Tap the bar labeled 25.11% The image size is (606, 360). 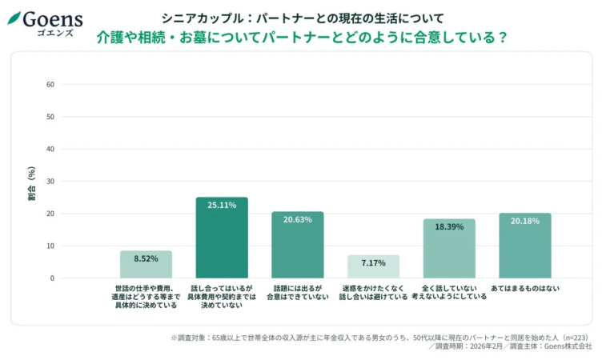[x=222, y=240]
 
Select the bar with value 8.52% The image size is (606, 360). [x=146, y=265]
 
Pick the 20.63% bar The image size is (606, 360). [x=297, y=246]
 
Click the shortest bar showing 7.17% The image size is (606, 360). [x=373, y=267]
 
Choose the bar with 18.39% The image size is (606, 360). [x=449, y=249]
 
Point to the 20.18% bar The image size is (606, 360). [x=524, y=246]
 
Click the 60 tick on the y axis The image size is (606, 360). [x=50, y=84]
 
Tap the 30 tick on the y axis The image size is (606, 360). [x=50, y=182]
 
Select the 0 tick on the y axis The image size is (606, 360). [x=52, y=278]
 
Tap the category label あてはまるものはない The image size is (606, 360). [x=524, y=288]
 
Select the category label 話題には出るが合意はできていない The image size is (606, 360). [x=297, y=292]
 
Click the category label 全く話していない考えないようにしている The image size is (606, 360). [x=449, y=292]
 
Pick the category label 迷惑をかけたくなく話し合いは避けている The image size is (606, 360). [x=373, y=292]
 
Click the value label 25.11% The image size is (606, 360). [x=222, y=206]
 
